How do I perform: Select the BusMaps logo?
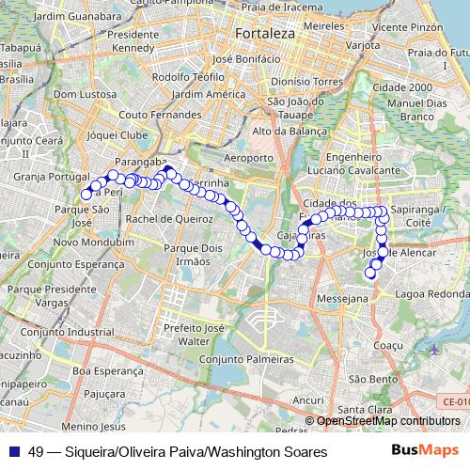[x=424, y=451]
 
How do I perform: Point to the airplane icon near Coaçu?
[x=433, y=350]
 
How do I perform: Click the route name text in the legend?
[x=178, y=452]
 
